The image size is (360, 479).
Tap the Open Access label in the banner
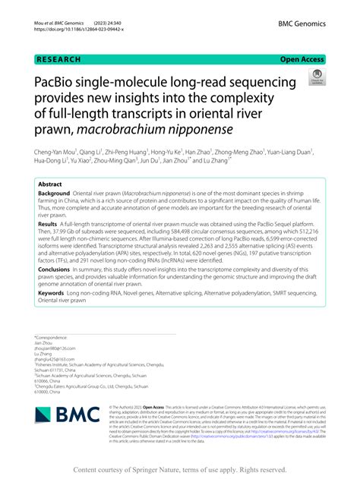[302, 58]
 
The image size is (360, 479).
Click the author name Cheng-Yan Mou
[56, 150]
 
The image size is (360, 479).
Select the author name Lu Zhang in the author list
[211, 161]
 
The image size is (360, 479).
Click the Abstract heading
[50, 184]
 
